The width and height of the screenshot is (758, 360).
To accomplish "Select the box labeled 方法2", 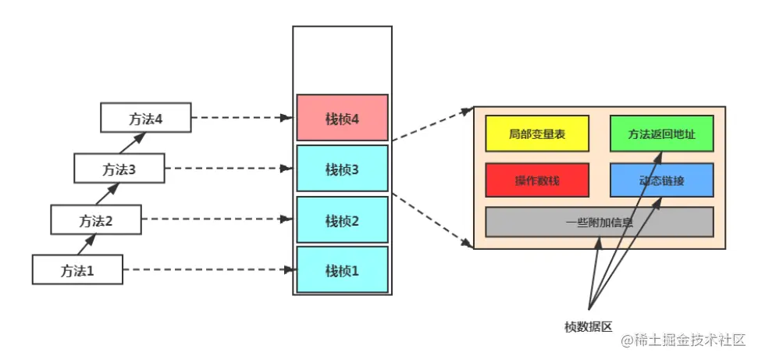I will pyautogui.click(x=96, y=220).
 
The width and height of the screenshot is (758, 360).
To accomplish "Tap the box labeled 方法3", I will pyautogui.click(x=119, y=168).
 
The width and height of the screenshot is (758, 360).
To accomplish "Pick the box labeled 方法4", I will pyautogui.click(x=146, y=118).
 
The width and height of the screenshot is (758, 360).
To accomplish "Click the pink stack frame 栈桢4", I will pyautogui.click(x=342, y=118).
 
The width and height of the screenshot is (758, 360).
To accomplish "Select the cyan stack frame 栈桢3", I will pyautogui.click(x=342, y=168).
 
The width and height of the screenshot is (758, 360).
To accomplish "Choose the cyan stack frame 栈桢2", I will pyautogui.click(x=342, y=220).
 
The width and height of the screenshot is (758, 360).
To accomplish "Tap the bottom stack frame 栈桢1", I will pyautogui.click(x=342, y=269).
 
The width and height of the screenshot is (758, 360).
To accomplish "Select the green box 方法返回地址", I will pyautogui.click(x=661, y=134).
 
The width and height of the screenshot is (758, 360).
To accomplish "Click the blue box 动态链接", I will pyautogui.click(x=661, y=180).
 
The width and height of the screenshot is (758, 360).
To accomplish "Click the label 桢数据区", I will pyautogui.click(x=588, y=326).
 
